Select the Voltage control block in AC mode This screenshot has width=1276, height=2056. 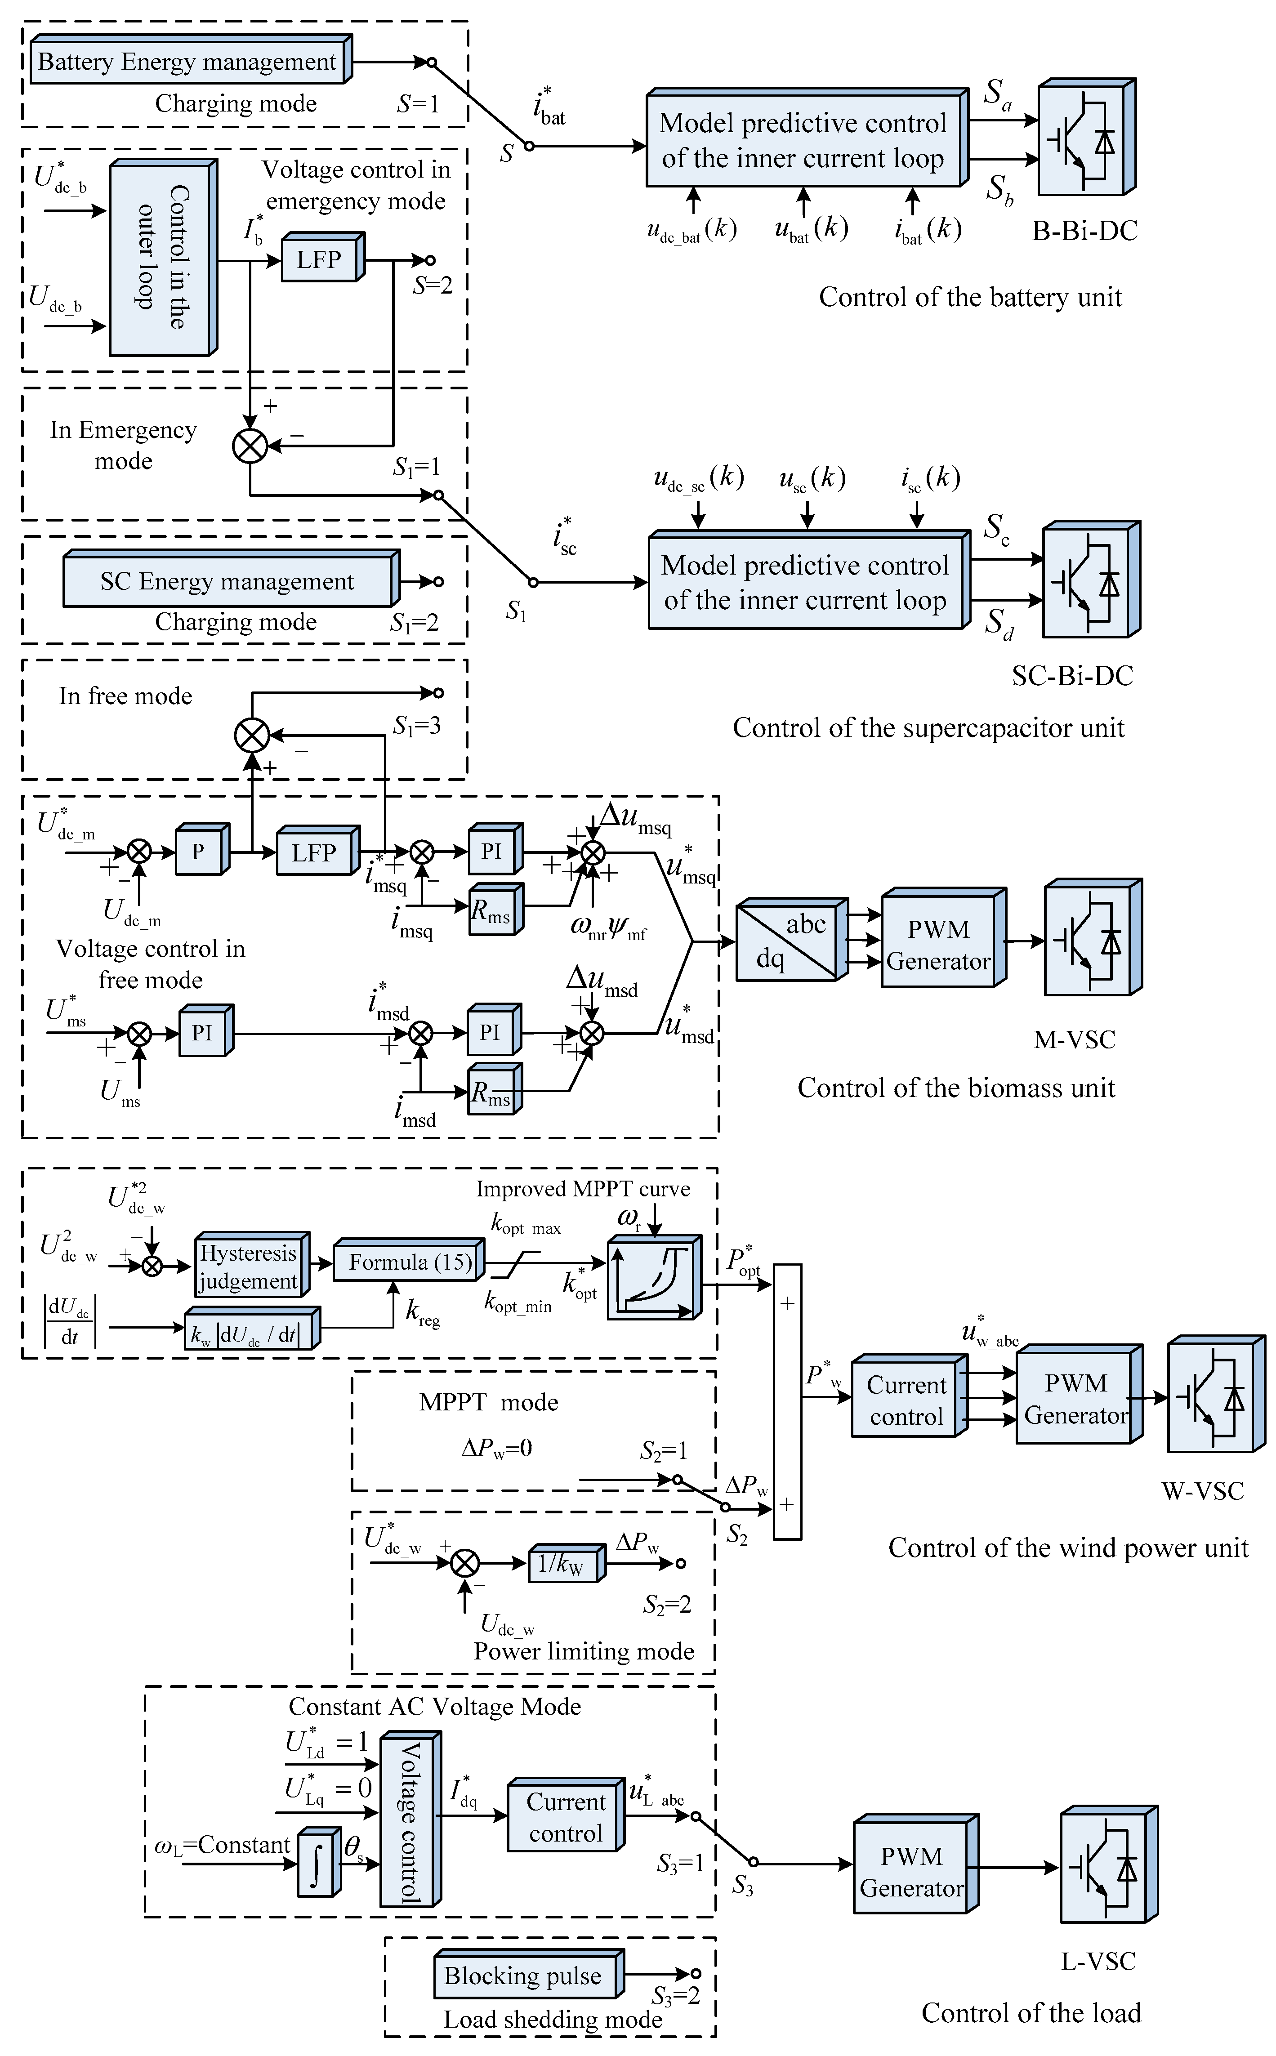point(408,1822)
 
